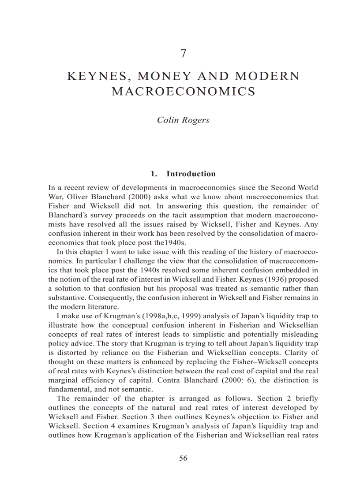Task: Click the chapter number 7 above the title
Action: click(183, 54)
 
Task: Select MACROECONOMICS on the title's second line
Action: click(183, 92)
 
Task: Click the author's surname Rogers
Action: click(195, 120)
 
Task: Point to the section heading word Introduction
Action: click(191, 174)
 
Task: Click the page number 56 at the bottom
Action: click(183, 458)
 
